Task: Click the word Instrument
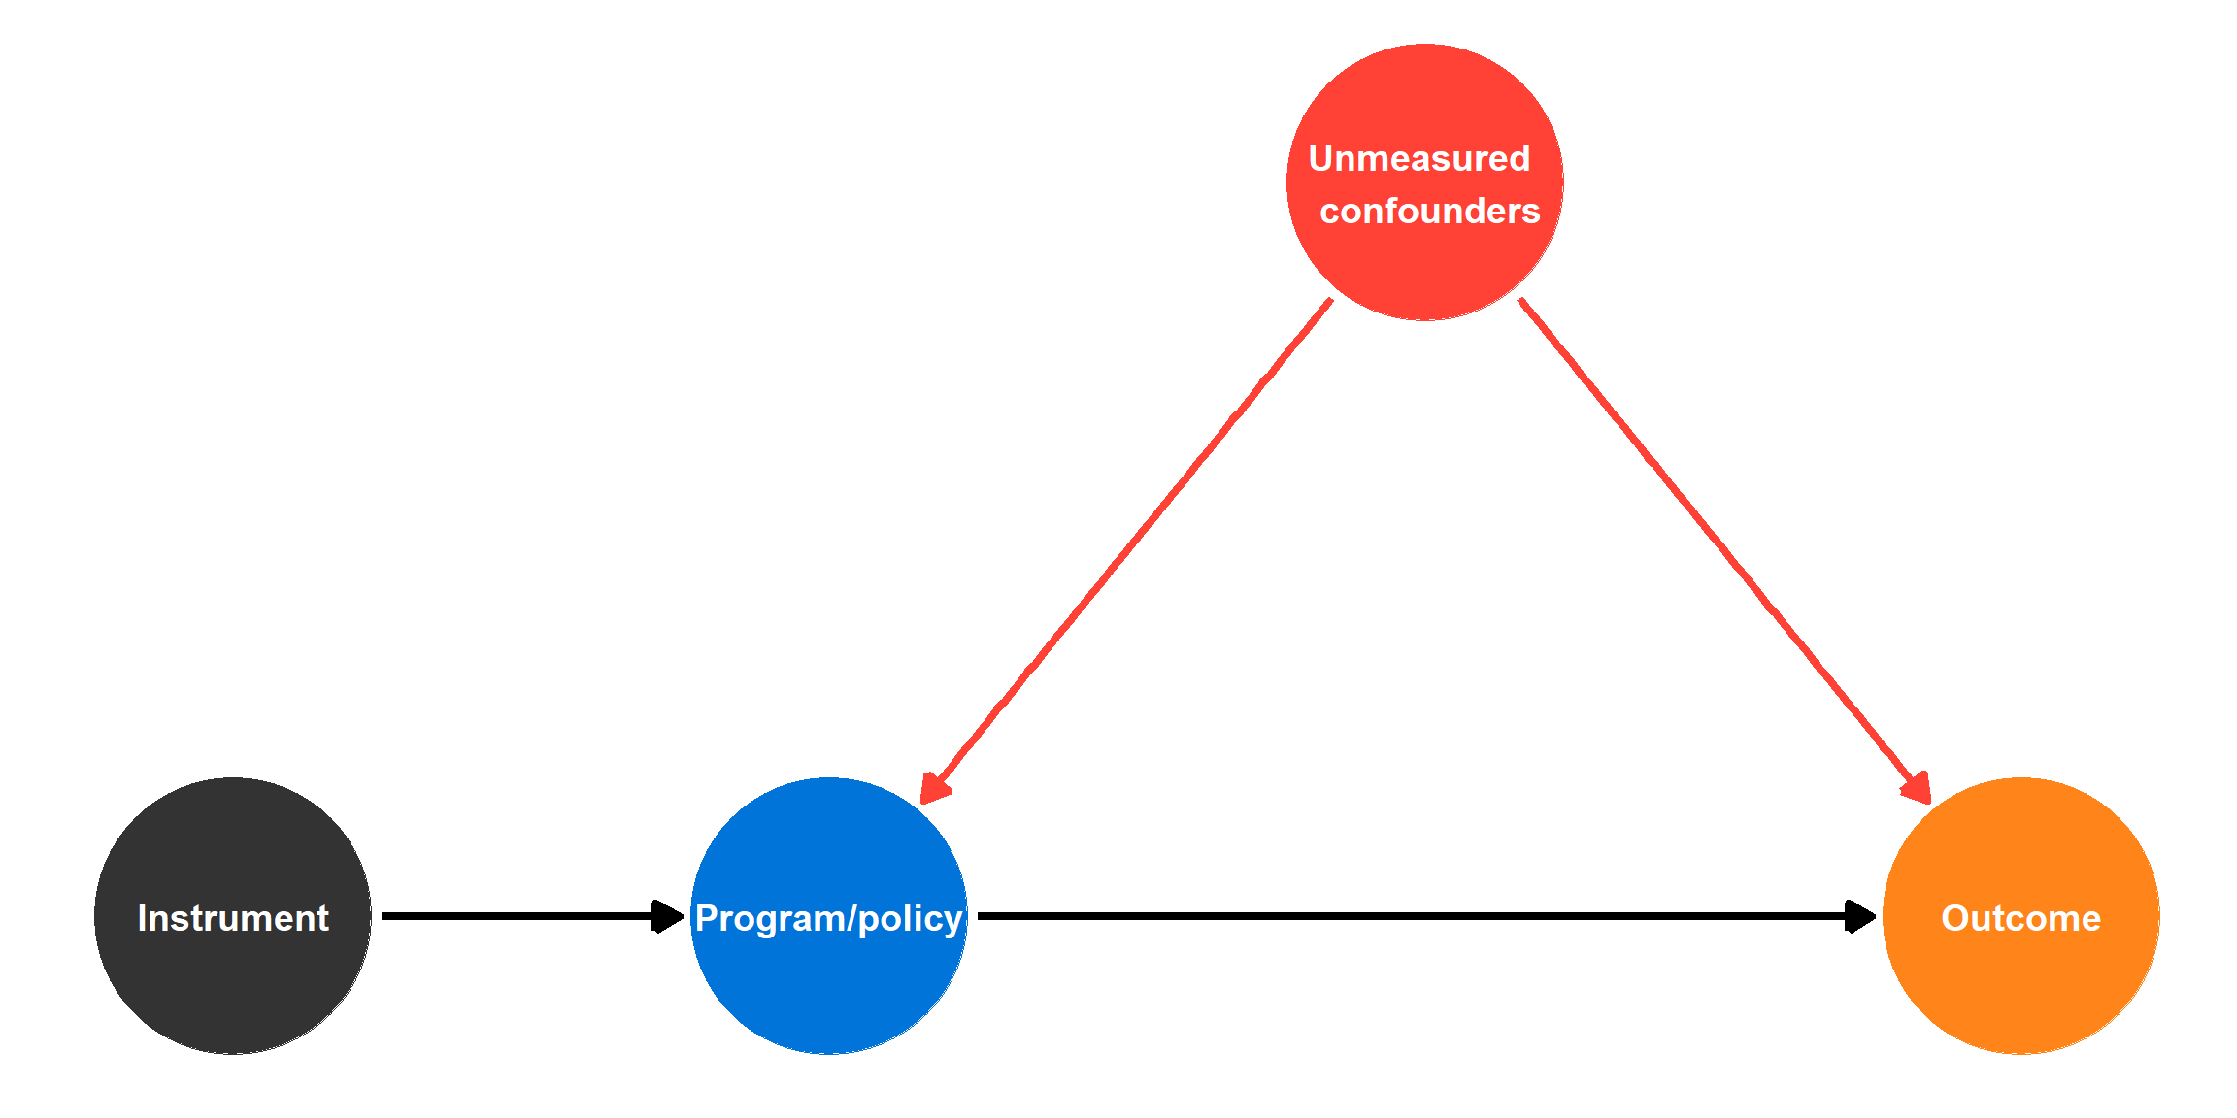point(233,918)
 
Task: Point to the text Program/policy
point(828,918)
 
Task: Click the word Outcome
point(2020,918)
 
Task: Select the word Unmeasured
point(1419,158)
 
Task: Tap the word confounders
point(1429,211)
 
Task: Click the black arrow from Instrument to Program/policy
point(515,916)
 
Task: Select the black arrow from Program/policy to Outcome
point(1408,916)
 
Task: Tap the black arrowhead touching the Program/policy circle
point(668,916)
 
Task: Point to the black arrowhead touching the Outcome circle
point(1860,916)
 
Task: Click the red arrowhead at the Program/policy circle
point(934,787)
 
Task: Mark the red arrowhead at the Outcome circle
point(1917,787)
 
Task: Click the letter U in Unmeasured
point(1321,158)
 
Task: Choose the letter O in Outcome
point(1954,918)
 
